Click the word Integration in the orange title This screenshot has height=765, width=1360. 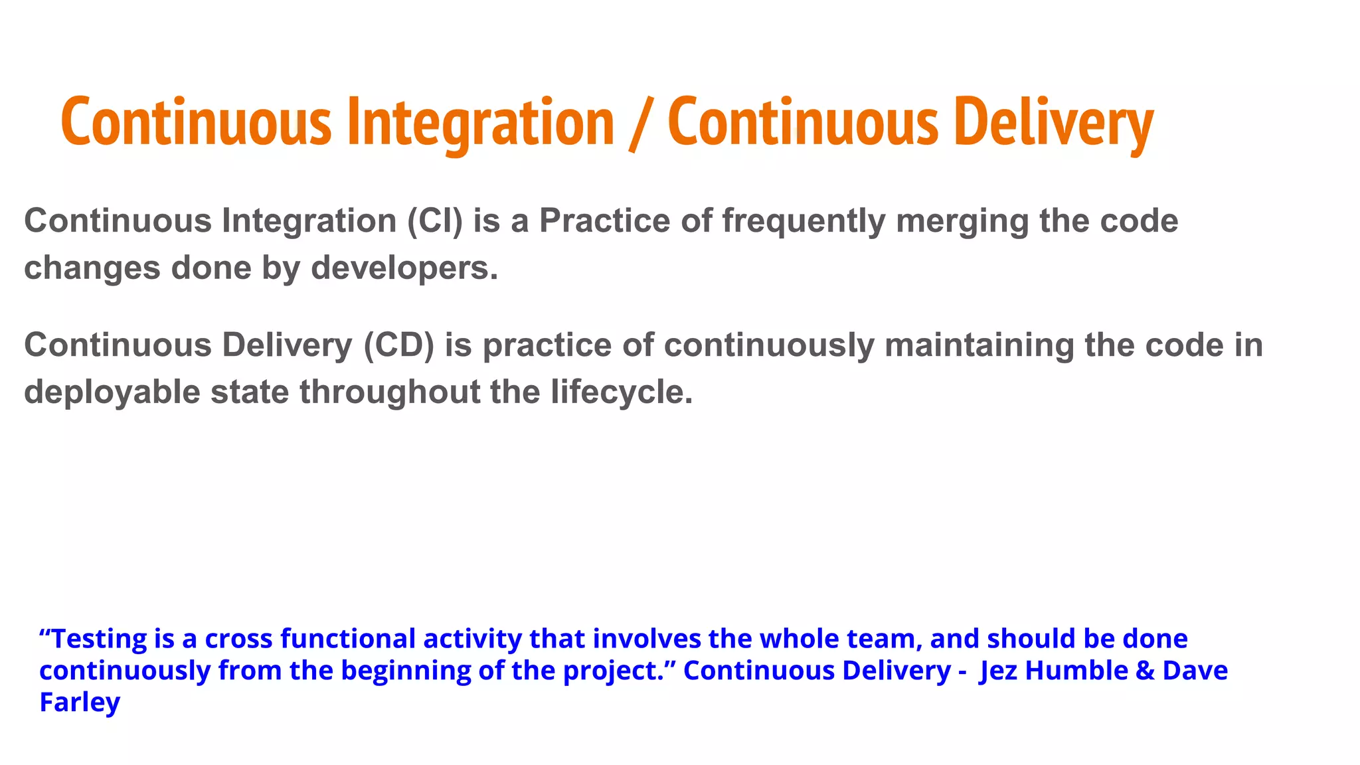(481, 123)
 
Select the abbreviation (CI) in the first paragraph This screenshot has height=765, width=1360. (435, 220)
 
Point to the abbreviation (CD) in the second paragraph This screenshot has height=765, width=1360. (399, 345)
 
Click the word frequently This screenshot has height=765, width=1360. (804, 222)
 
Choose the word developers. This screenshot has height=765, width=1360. (404, 268)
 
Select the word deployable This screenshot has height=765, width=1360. (112, 392)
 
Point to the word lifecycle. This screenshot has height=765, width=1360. (622, 392)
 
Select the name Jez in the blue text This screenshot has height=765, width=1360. (998, 671)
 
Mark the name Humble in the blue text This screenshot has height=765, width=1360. (1076, 671)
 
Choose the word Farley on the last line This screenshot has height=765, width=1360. (80, 703)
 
